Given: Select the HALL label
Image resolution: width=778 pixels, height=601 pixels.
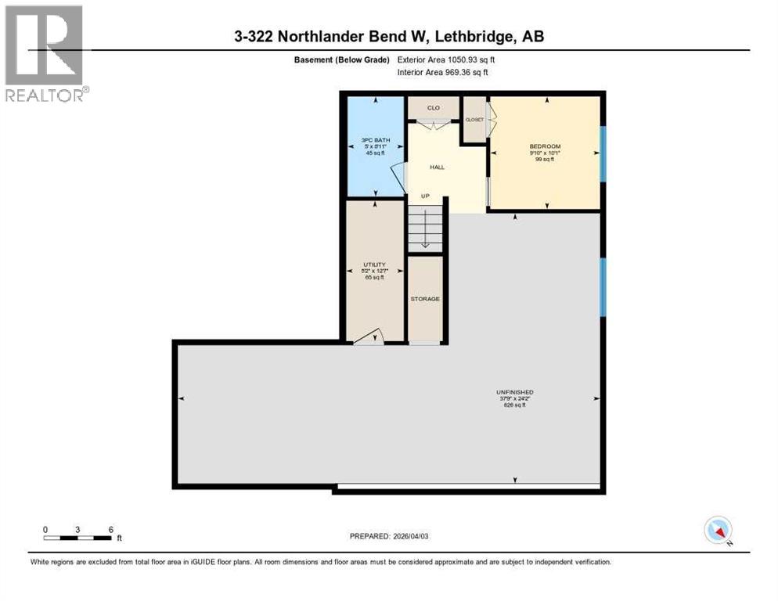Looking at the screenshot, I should click(x=438, y=167).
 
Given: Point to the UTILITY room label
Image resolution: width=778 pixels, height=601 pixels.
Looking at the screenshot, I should click(x=374, y=265).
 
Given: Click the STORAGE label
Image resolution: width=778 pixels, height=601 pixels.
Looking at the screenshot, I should click(x=426, y=299).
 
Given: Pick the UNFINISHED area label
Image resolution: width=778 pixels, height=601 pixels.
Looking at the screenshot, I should click(x=514, y=392).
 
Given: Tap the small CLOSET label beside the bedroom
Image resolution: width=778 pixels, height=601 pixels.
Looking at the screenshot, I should click(x=474, y=120).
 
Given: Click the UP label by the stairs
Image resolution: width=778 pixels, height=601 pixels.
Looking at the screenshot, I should click(x=425, y=196).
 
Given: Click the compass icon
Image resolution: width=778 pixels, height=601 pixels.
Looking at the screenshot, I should click(x=718, y=530).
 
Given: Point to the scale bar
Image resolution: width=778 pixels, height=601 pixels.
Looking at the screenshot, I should click(x=78, y=538).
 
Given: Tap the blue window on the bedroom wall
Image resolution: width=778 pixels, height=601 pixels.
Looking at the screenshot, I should click(x=603, y=154).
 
